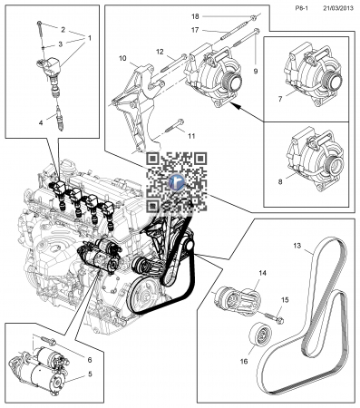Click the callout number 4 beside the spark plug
coord(41,122)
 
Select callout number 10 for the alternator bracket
coord(122,58)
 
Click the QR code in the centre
coord(177,182)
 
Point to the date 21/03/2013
coord(338,8)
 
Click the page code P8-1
coord(301,8)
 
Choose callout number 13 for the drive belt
coord(297,246)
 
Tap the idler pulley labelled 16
coord(260,334)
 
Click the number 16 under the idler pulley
coord(244,361)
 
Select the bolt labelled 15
coord(275,318)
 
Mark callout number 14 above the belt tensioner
coord(263,273)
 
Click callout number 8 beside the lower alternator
coord(280,182)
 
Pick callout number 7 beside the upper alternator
coord(280,99)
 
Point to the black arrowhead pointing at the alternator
coord(236,106)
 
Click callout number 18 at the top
coord(195,16)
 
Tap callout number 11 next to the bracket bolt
coord(191,136)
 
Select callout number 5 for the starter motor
coord(90,374)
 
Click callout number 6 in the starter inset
coord(90,360)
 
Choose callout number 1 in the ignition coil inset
coord(90,38)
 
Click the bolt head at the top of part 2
coord(39,23)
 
